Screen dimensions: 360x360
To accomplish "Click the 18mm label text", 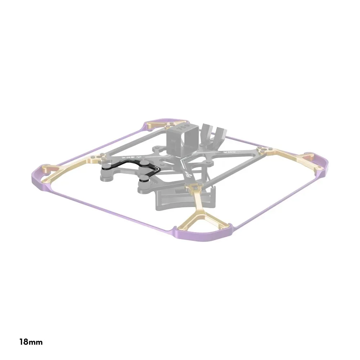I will click(x=31, y=342).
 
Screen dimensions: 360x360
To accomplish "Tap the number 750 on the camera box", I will click(x=184, y=127).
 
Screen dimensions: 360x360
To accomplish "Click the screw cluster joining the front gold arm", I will click(x=195, y=186).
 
